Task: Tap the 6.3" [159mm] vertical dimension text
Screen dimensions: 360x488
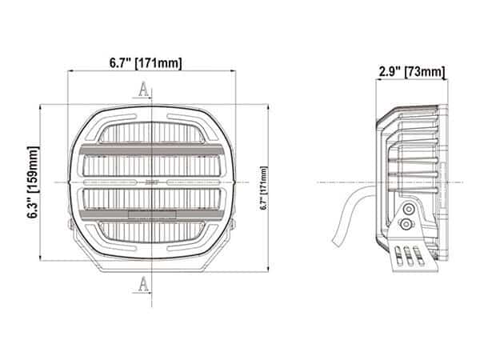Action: tap(33, 183)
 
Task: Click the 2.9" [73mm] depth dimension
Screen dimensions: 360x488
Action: tap(410, 73)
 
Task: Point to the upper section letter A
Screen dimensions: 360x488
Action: tap(143, 90)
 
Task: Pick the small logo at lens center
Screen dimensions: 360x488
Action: tap(152, 183)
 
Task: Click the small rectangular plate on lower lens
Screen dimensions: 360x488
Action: tap(152, 214)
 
